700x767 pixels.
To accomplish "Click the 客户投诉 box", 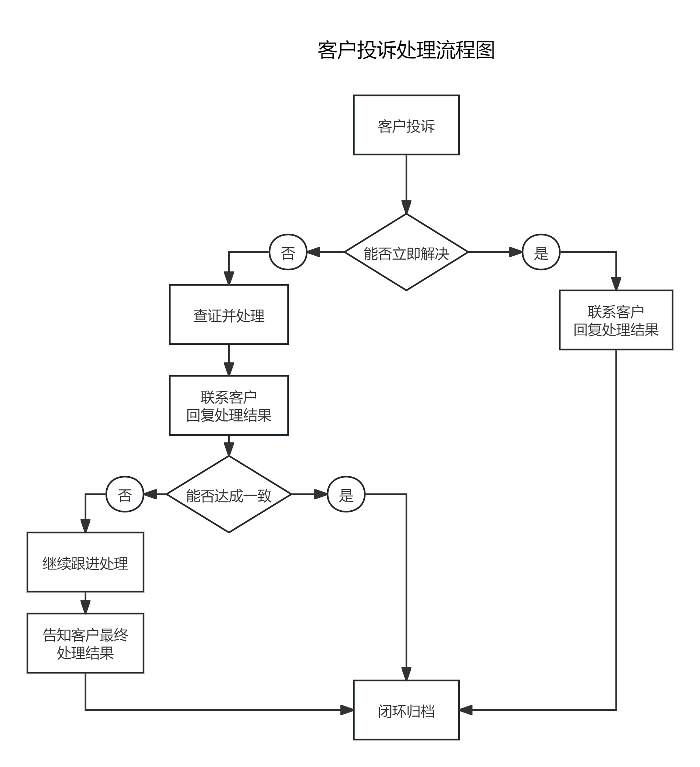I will click(406, 125).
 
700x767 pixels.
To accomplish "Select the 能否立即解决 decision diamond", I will click(406, 252).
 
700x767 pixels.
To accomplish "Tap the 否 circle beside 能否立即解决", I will click(288, 252).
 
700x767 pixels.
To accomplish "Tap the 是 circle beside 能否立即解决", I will click(541, 252).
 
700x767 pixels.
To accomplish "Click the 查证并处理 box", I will click(229, 314).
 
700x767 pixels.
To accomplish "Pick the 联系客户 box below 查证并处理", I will click(229, 405).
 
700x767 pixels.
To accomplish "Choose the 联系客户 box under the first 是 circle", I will click(616, 320).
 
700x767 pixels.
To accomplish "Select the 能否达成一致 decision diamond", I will click(229, 495).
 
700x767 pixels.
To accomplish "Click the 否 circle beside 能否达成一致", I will click(125, 495).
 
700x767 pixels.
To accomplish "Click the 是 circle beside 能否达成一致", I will click(346, 495).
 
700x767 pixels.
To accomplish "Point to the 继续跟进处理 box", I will click(85, 562).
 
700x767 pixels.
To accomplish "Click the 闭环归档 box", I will click(406, 710).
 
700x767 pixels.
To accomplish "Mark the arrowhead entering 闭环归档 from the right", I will click(466, 710).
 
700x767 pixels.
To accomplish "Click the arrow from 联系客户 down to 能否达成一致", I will click(229, 446).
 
